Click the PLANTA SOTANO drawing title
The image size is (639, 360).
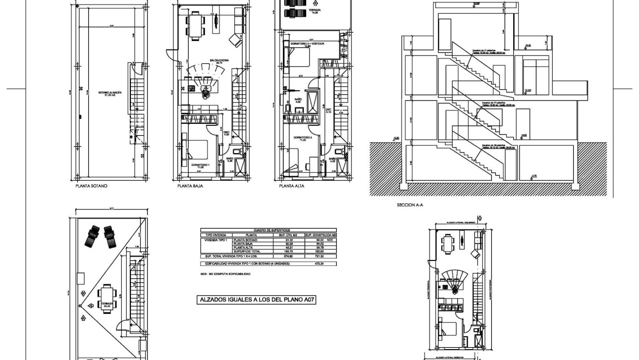(91, 187)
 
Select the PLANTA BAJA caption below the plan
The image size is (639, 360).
(190, 187)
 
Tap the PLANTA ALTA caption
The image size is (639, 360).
(292, 187)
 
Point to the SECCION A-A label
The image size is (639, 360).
(410, 204)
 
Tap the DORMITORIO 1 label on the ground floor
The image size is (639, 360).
(201, 165)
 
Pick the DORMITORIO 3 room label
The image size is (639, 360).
(302, 138)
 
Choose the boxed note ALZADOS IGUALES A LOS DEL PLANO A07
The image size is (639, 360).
(257, 300)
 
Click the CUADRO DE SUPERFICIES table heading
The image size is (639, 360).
(268, 230)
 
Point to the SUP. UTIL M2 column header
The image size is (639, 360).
(287, 235)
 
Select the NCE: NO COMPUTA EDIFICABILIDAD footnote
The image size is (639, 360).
(225, 274)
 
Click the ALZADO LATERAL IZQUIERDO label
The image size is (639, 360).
(460, 223)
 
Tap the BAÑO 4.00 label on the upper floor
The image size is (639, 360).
(298, 101)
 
